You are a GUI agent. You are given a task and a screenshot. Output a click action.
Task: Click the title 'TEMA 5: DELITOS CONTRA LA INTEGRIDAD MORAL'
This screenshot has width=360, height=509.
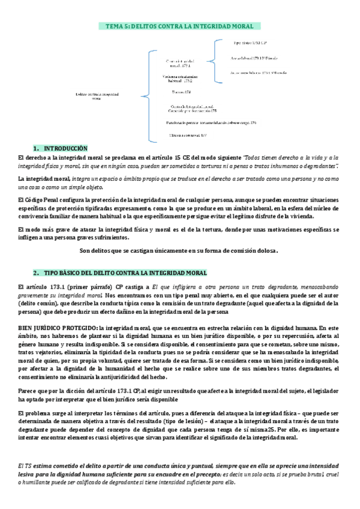[x=179, y=26]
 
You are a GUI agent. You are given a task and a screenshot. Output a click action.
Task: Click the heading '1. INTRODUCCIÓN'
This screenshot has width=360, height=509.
[x=60, y=148]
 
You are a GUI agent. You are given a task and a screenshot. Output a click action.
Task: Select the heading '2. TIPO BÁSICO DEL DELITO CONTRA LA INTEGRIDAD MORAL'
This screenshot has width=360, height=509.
[x=120, y=273]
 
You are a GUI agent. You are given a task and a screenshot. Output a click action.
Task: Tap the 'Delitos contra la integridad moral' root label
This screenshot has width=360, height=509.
[x=97, y=95]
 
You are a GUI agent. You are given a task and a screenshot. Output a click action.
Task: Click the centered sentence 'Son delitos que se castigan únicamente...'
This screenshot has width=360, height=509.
[x=179, y=250]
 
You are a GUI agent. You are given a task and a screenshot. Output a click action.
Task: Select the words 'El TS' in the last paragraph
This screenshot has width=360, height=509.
[x=26, y=466]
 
